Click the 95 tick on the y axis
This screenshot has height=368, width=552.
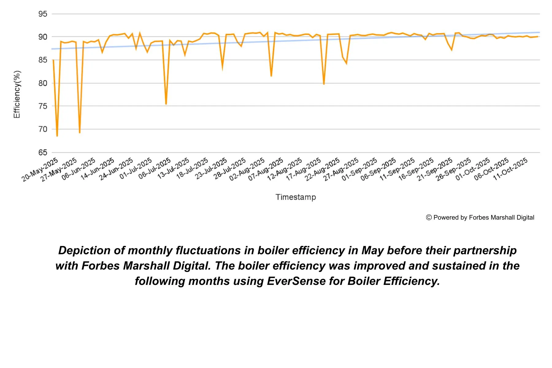coord(43,14)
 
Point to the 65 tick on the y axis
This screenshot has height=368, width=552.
coord(43,152)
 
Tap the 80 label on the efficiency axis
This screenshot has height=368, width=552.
coord(43,83)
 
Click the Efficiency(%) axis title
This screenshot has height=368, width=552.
coord(17,94)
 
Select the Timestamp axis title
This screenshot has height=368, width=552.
coord(296,197)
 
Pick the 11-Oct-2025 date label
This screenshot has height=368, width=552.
coord(510,169)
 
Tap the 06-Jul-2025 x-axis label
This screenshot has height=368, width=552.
coord(155,169)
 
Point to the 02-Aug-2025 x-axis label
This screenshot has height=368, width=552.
coord(247,169)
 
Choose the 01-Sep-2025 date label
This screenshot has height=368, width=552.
coord(359,169)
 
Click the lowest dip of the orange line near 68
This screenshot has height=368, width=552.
coord(57,136)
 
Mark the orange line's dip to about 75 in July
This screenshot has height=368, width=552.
coord(166,104)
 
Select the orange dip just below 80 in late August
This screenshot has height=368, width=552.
coord(324,84)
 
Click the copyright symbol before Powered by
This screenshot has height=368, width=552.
coord(429,217)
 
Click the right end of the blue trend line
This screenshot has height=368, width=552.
coord(539,32)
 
